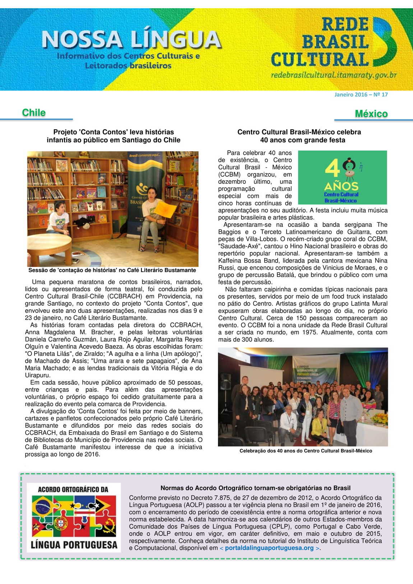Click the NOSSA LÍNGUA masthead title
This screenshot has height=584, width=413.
click(x=131, y=40)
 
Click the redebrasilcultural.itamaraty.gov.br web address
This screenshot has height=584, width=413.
click(x=334, y=75)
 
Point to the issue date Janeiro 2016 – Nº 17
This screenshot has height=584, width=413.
click(x=361, y=94)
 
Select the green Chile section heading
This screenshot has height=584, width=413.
click(x=34, y=112)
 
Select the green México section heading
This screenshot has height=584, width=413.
click(x=371, y=113)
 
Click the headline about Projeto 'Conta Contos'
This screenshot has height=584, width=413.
click(x=113, y=136)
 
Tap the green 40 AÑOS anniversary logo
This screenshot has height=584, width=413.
click(x=342, y=177)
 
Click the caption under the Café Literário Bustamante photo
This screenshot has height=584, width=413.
click(x=112, y=270)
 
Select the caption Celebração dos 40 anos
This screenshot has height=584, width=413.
click(x=306, y=451)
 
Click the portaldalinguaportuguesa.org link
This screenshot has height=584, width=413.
click(x=269, y=548)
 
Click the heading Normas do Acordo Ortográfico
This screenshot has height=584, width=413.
click(x=255, y=488)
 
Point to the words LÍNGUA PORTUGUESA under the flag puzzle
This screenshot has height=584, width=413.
click(x=74, y=544)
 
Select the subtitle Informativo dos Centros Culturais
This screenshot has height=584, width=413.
click(x=128, y=60)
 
